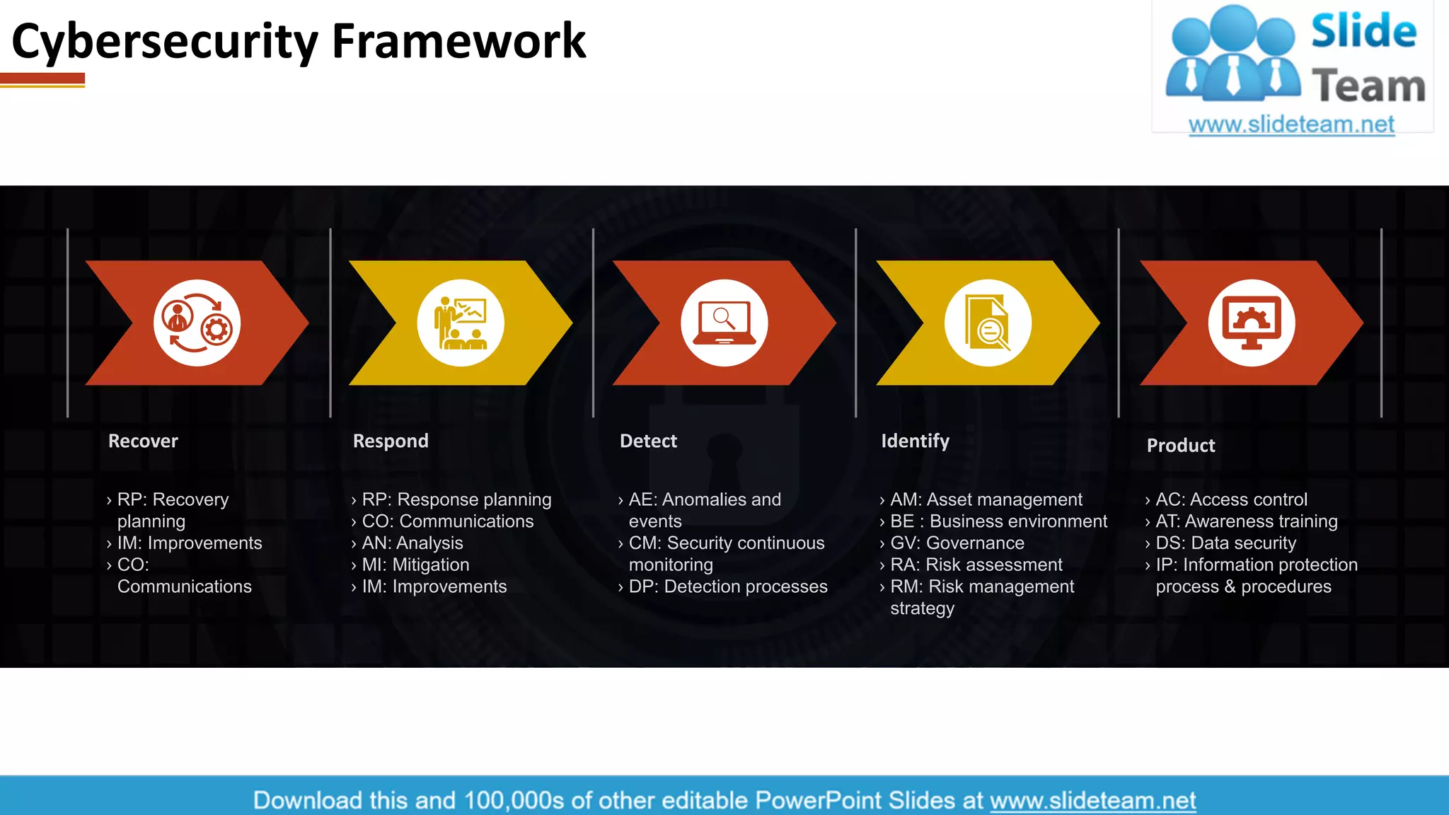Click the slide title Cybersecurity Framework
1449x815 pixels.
298,41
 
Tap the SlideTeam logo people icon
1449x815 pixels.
1233,53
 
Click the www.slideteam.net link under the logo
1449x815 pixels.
1291,125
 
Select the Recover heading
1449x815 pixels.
143,441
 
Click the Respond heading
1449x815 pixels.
391,441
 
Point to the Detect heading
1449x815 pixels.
648,441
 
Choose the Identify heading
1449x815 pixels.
915,441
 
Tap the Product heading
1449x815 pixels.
1180,445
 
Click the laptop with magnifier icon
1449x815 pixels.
724,323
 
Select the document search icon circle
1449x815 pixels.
988,323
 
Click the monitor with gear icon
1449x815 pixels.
1251,323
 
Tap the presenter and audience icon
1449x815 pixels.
461,323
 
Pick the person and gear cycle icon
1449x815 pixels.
197,323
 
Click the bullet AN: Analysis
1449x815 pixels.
412,543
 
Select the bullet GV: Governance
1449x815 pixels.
957,543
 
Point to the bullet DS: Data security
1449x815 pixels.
1225,543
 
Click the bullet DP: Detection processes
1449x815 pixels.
727,586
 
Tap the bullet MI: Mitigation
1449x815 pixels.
415,565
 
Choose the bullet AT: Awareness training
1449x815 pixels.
1246,521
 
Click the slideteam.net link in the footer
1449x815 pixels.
1092,800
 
